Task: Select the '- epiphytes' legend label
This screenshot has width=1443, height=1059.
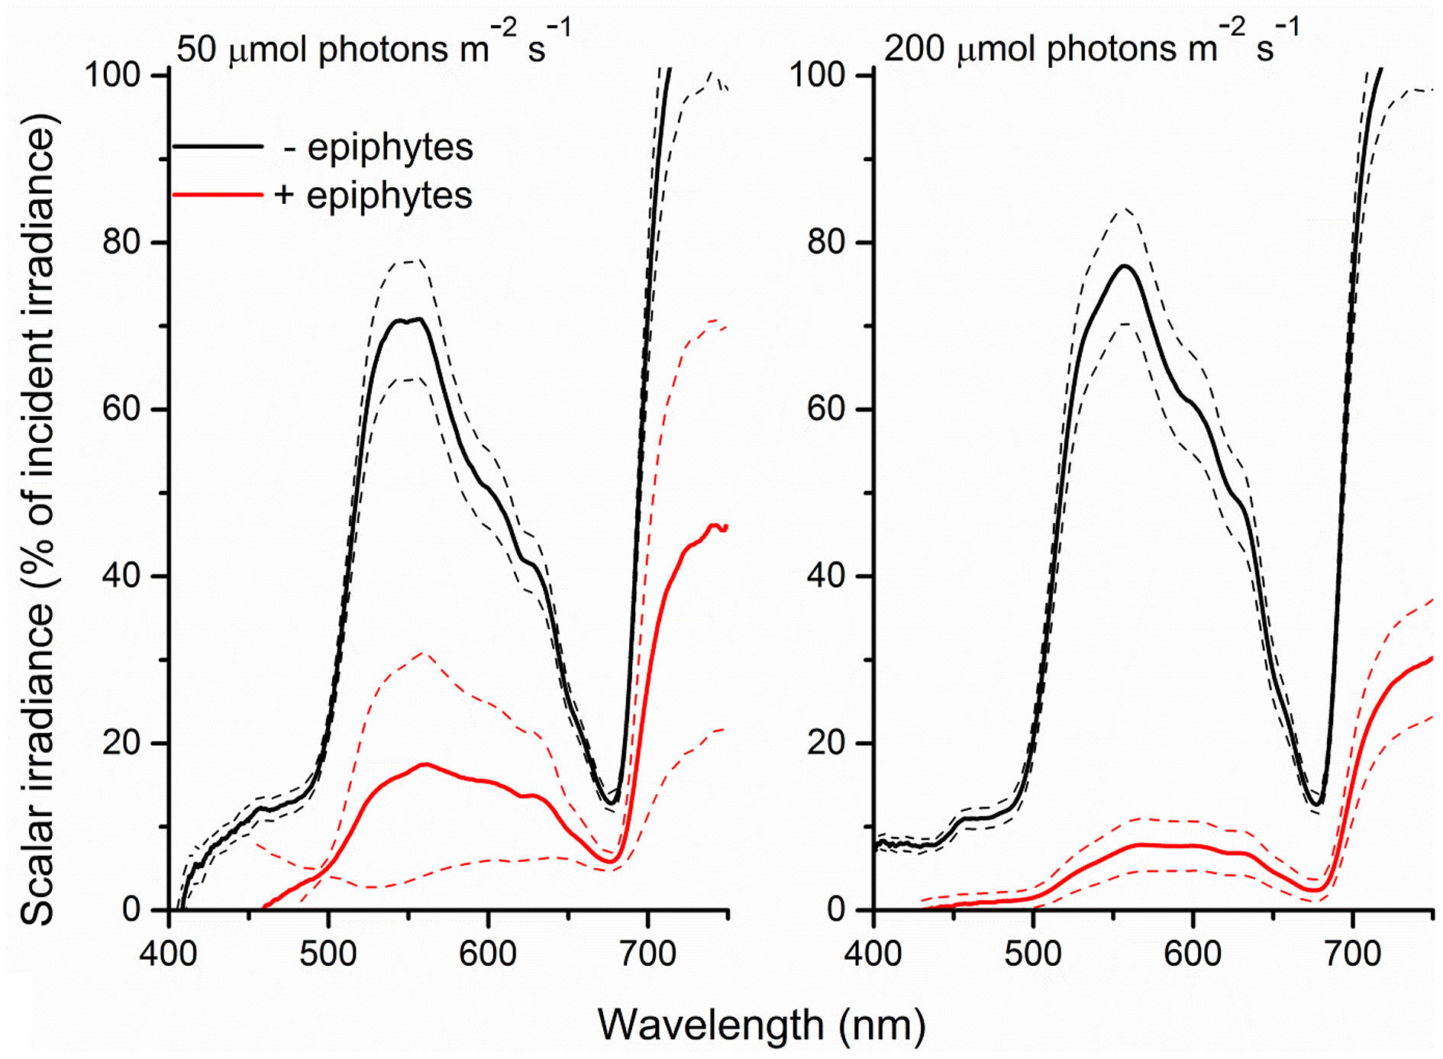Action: click(x=378, y=147)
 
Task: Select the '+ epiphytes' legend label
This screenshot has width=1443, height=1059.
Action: click(x=373, y=195)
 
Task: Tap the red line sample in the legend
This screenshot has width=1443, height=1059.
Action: click(x=218, y=195)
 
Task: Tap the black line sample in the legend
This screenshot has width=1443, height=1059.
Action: click(x=218, y=146)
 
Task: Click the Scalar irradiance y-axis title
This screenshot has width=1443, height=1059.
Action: click(x=38, y=519)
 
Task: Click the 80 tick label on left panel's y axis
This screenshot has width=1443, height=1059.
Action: click(x=121, y=242)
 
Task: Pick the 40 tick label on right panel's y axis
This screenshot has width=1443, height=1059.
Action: click(x=826, y=576)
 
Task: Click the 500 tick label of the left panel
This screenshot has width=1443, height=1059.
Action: click(x=328, y=954)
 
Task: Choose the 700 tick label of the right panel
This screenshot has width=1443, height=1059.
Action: click(x=1352, y=954)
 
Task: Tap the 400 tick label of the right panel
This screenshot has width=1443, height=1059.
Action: click(x=873, y=954)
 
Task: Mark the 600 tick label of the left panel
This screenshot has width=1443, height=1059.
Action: click(x=488, y=954)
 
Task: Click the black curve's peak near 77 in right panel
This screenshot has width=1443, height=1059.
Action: click(x=1125, y=266)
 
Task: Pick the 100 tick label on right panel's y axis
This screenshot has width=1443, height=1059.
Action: click(x=816, y=75)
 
